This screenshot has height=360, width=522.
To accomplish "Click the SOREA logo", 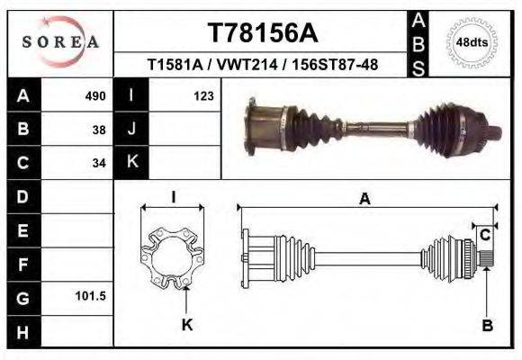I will pyautogui.click(x=60, y=41).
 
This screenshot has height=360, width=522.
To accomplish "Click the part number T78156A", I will pyautogui.click(x=262, y=33).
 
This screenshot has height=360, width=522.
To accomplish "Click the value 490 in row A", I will pyautogui.click(x=95, y=95).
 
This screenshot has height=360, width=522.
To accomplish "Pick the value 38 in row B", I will pyautogui.click(x=100, y=129).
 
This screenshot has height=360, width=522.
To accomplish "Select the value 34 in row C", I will pyautogui.click(x=100, y=163).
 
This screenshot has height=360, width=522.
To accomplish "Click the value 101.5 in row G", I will pyautogui.click(x=94, y=296).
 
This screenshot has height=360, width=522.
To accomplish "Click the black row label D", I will pyautogui.click(x=22, y=196).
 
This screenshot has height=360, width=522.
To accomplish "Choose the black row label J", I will pyautogui.click(x=131, y=129).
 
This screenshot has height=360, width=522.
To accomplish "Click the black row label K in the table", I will pyautogui.click(x=131, y=162).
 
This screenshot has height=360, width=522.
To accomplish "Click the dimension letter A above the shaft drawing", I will pyautogui.click(x=365, y=199).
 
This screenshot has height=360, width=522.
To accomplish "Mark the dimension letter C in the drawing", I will pyautogui.click(x=484, y=235).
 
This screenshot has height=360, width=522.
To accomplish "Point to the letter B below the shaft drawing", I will pyautogui.click(x=487, y=326).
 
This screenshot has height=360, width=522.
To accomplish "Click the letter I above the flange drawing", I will pyautogui.click(x=173, y=197).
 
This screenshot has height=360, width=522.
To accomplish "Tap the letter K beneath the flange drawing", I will pyautogui.click(x=187, y=325).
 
